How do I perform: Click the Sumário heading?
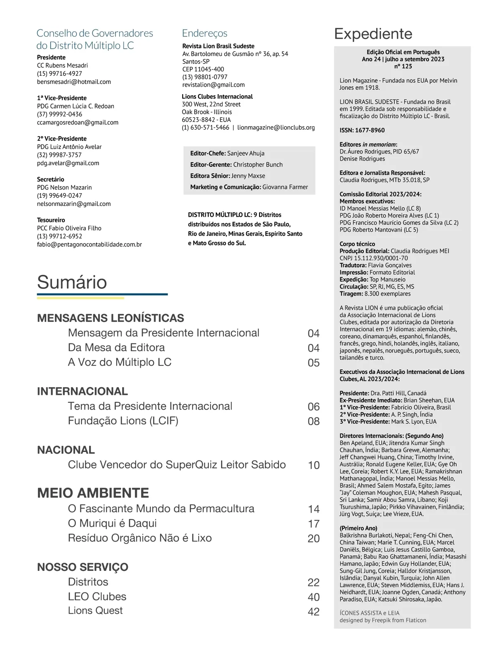[x=72, y=282]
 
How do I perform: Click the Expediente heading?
[x=373, y=34]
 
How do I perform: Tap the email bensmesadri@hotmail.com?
[x=74, y=82]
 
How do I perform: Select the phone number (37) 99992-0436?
[x=59, y=114]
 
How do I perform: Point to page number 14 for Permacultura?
[x=313, y=509]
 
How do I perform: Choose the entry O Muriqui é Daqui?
[x=112, y=523]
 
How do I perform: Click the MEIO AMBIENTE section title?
[x=93, y=493]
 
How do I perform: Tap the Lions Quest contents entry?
[x=95, y=611]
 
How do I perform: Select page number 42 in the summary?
[x=313, y=612]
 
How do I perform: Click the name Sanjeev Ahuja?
[x=246, y=153]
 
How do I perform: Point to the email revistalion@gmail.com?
[x=213, y=85]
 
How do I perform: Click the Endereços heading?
[x=205, y=33]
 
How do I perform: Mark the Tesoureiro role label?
[x=51, y=220]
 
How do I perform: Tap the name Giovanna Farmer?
[x=285, y=187]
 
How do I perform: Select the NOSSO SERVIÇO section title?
[x=82, y=567]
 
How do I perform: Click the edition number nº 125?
[x=403, y=66]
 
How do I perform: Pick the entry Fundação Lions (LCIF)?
[x=123, y=421]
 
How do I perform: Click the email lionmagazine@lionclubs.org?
[x=276, y=128]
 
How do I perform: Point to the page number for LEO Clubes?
[x=313, y=597]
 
